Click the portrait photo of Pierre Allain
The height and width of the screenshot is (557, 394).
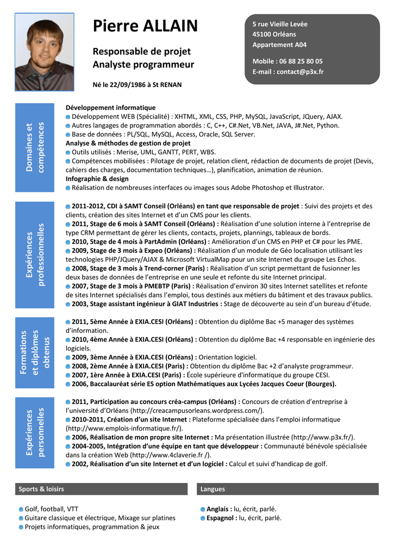pyautogui.click(x=44, y=52)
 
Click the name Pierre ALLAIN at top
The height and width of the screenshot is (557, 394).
pyautogui.click(x=145, y=26)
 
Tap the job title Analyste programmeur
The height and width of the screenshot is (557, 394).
pyautogui.click(x=143, y=65)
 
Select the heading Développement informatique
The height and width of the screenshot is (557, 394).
pyautogui.click(x=110, y=108)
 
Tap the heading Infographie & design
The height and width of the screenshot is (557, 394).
pyautogui.click(x=97, y=178)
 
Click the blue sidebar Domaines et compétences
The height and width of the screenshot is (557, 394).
pyautogui.click(x=35, y=147)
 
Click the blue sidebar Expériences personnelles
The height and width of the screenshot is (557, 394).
pyautogui.click(x=35, y=432)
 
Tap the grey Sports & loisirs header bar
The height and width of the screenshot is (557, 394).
pyautogui.click(x=101, y=489)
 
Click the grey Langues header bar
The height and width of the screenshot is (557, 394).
pyautogui.click(x=287, y=489)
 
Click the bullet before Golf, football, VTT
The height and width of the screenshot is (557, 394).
pyautogui.click(x=21, y=509)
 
